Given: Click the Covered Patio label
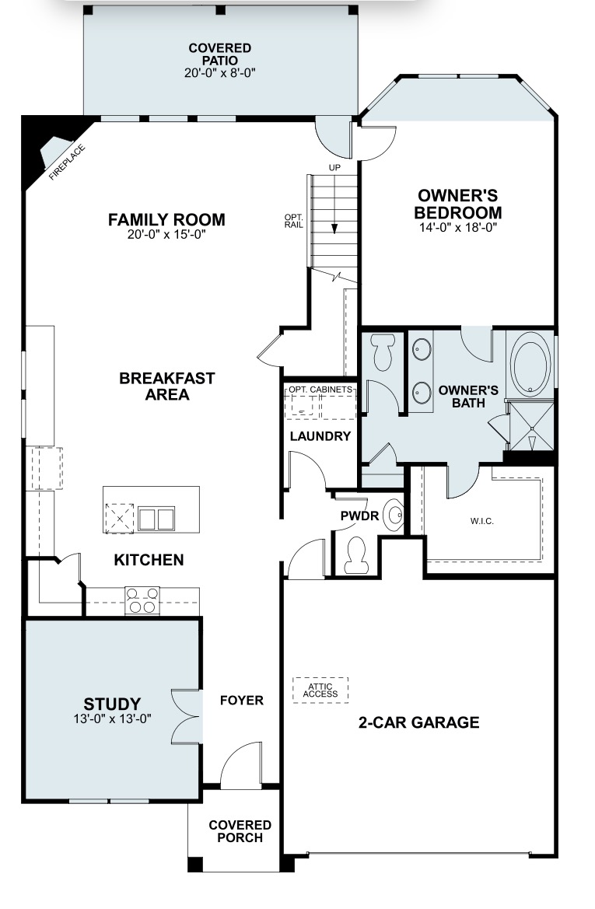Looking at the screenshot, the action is [220, 54].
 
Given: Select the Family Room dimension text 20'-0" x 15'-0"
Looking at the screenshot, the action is [167, 235].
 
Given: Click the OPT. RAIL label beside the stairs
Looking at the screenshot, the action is [293, 221].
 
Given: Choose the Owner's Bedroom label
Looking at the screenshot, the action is [457, 204].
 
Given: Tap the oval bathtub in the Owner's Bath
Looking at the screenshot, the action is [530, 365].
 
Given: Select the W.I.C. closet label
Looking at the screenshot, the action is [482, 521].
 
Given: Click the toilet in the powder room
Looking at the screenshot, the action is [355, 555].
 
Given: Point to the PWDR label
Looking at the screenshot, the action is [359, 516].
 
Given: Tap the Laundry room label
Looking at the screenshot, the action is [320, 436].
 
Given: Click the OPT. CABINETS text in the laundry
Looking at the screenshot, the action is [320, 390].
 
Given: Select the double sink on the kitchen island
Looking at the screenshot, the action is [156, 519].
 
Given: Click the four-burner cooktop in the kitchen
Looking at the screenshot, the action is [142, 600].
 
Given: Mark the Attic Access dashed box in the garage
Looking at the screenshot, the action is [320, 690].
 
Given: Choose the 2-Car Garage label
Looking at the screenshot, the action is [418, 722].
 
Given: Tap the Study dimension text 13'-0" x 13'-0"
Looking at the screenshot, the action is [113, 719].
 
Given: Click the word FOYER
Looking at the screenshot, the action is [242, 701].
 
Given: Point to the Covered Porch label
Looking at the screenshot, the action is [240, 831].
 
